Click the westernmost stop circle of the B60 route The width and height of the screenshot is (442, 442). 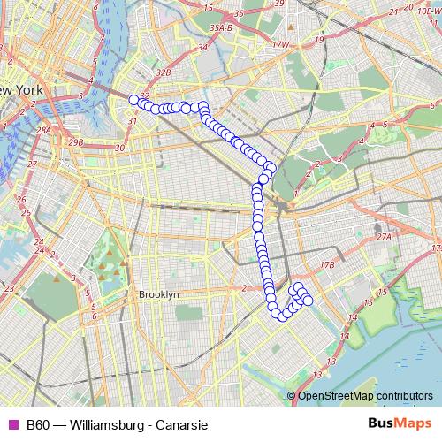click(x=134, y=100)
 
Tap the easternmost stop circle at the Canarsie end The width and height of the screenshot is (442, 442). click(x=308, y=301)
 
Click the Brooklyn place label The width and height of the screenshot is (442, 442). click(x=159, y=294)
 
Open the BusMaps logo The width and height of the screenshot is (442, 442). click(x=393, y=424)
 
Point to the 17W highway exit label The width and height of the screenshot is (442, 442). click(x=281, y=43)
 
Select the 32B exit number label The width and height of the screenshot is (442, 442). click(x=162, y=72)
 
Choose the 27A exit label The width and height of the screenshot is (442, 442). click(x=382, y=237)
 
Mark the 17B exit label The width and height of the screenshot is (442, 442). click(x=328, y=264)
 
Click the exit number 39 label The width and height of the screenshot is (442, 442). click(x=279, y=4)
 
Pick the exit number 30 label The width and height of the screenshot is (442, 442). click(x=121, y=148)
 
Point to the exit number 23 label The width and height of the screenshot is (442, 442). click(x=8, y=289)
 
